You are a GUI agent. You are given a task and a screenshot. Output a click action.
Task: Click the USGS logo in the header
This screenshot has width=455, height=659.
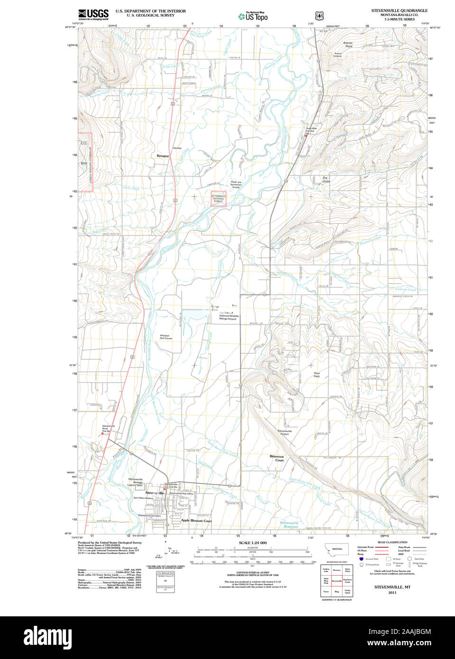[x=93, y=14]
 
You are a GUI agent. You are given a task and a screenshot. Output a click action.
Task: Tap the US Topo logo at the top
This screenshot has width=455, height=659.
[x=253, y=17]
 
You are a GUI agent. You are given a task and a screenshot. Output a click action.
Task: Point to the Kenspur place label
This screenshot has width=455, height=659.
[x=163, y=156]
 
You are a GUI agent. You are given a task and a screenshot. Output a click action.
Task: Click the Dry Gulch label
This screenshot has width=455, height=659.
[x=325, y=180]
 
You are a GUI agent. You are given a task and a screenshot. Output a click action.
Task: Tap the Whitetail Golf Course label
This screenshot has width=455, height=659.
[x=166, y=337]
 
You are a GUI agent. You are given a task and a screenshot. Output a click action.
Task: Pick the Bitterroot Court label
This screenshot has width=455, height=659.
[x=277, y=458]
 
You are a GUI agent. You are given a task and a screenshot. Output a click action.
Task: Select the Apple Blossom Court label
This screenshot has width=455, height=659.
[x=196, y=521]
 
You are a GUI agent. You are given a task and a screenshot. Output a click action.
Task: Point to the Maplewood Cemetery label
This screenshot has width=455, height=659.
[x=149, y=515]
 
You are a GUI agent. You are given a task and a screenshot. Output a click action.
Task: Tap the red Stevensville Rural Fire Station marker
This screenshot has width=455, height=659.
[x=102, y=433]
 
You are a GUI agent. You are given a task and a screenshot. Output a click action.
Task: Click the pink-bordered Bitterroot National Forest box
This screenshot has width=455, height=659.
[x=218, y=199]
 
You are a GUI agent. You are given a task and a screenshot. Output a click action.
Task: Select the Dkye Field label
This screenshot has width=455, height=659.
[x=316, y=375]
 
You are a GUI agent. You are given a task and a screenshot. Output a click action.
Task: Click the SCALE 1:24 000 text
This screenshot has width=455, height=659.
[x=252, y=543]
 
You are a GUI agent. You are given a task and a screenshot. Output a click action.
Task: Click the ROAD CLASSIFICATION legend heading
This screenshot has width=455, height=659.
[x=392, y=542]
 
